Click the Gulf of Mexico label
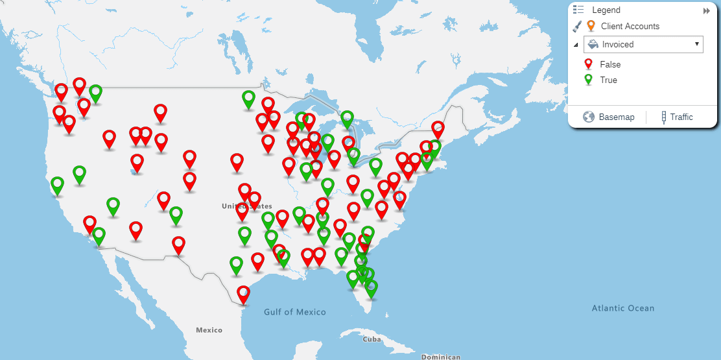coord(294,312)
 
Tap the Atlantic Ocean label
coord(622,308)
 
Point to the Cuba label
coord(372,339)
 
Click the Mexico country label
coord(209,330)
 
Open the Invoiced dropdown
coord(643,44)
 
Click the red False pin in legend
coord(589,64)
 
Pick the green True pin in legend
coord(589,79)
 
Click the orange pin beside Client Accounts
coord(591,25)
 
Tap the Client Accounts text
coord(630,27)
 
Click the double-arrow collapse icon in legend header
coord(706,11)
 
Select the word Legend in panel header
coord(606,10)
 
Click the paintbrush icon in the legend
coord(576,26)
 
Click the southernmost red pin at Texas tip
coord(243,294)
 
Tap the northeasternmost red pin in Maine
coord(438,128)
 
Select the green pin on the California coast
coord(58,185)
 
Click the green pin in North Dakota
coord(248,99)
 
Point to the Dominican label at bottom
coord(440,357)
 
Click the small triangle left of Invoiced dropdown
coord(576,45)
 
